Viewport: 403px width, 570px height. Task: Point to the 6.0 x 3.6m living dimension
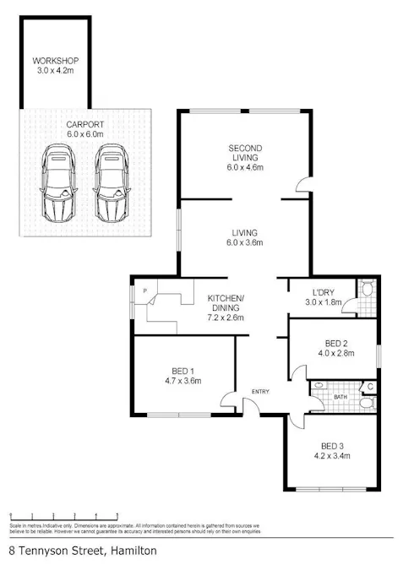click(246, 243)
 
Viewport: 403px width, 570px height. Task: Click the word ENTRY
click(259, 391)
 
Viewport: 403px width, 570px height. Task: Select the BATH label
click(340, 396)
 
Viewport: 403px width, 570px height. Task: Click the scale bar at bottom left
click(63, 514)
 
